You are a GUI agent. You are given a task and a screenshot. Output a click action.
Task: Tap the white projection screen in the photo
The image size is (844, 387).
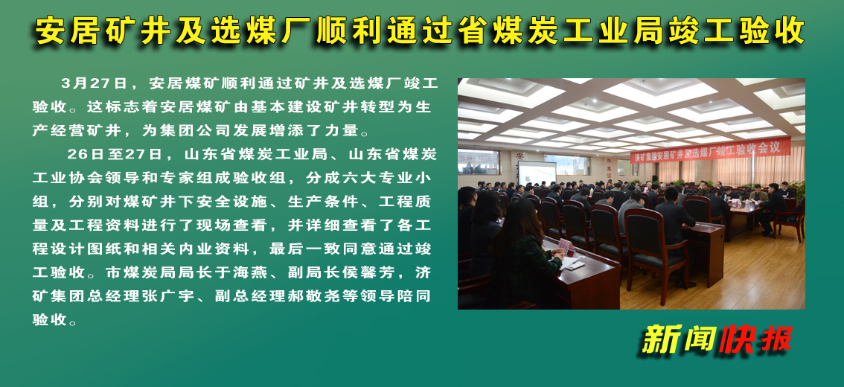click(537, 173)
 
